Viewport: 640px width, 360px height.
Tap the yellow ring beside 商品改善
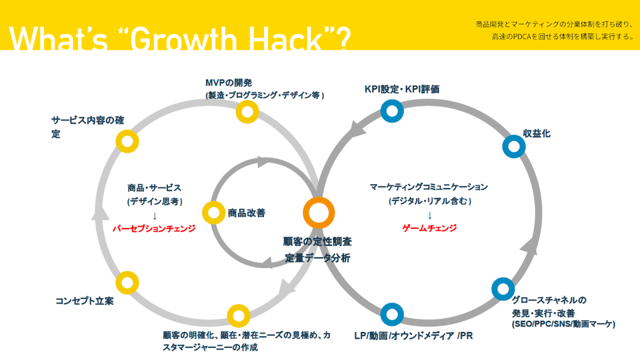tap(214, 213)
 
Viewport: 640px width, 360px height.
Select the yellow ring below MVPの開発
tap(247, 112)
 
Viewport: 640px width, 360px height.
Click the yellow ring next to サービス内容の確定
tap(127, 141)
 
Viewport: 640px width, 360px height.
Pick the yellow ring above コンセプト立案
tap(127, 283)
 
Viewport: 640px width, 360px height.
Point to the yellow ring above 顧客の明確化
tap(239, 316)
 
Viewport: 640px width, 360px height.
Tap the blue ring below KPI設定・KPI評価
tap(392, 111)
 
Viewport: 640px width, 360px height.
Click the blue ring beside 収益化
tap(514, 146)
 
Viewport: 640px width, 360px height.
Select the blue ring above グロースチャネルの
tap(503, 288)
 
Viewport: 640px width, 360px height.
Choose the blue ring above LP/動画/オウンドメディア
tap(392, 314)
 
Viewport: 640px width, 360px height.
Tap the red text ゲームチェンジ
tap(429, 228)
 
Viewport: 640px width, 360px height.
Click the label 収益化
tap(536, 133)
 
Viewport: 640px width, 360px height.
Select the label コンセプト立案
tap(84, 301)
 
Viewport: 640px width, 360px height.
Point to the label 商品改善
tap(246, 213)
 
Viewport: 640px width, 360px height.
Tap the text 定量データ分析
tap(317, 258)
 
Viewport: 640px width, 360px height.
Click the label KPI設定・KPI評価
tap(402, 89)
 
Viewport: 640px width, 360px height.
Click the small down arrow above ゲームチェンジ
tap(430, 216)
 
